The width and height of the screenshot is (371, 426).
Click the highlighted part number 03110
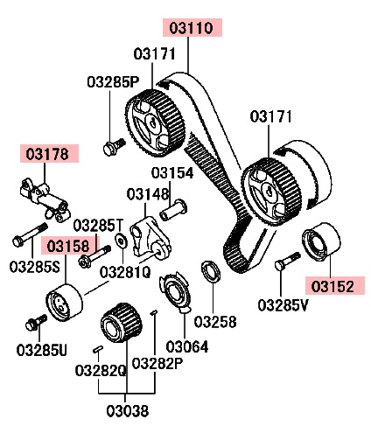coord(192,28)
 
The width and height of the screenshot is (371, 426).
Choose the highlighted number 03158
coord(68,246)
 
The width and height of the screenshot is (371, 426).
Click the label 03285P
coord(113,82)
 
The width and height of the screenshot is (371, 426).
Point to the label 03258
coord(215,322)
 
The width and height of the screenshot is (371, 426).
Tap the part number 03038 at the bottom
coord(128,411)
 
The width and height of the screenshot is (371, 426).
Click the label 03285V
coord(283,305)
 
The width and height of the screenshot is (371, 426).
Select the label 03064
coord(187,346)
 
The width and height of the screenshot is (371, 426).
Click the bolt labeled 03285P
coord(115,147)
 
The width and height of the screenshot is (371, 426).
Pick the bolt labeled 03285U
coord(36,322)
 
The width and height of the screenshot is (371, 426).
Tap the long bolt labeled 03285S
coord(30,234)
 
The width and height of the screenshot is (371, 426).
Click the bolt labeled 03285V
coord(287,261)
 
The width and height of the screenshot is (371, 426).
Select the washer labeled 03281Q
coord(121,240)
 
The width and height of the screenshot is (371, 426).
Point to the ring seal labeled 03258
coord(212,271)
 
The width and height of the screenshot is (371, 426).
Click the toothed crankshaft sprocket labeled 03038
coord(122,322)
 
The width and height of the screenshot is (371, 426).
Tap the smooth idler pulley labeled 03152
coord(321,243)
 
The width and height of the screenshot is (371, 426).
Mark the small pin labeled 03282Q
coord(97,349)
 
